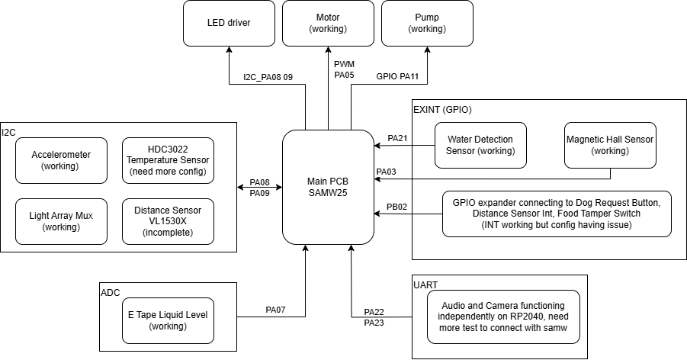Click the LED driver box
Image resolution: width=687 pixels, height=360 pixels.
coord(229,23)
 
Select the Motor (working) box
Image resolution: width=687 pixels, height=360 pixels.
coord(328,23)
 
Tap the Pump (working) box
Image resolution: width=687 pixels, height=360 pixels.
coord(426,23)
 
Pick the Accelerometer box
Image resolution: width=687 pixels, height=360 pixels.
coord(61,160)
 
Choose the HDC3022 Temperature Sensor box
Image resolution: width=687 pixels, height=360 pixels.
coord(168,160)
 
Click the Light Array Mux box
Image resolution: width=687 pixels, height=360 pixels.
coord(61,221)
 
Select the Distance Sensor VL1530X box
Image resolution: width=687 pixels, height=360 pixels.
coord(168,221)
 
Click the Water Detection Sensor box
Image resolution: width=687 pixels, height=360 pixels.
coord(480,145)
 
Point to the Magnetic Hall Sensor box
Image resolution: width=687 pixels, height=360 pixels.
coord(610,145)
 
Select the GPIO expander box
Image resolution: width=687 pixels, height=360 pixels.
coord(557,214)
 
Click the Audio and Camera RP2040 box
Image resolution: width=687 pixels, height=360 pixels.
coord(503,317)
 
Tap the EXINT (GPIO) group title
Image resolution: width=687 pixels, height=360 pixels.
coord(443,110)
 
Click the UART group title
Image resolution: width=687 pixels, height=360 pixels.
coord(425,284)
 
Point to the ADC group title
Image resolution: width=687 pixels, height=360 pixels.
coord(111,292)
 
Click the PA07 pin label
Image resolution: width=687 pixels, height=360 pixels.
coord(276,310)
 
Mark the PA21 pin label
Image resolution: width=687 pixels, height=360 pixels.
coord(398,138)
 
